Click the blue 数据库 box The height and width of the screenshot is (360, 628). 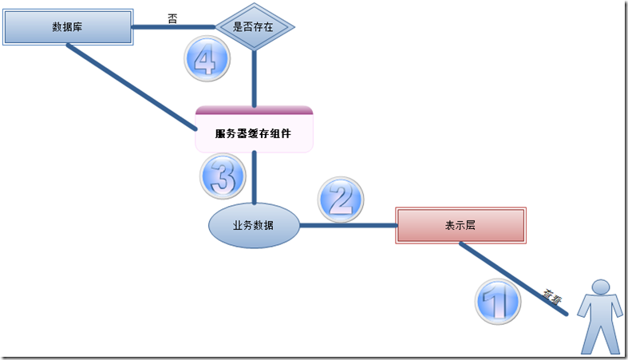point(68,27)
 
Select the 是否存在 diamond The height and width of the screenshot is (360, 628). point(253,26)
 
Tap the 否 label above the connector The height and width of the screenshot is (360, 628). point(172,17)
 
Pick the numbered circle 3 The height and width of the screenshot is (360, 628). point(221,175)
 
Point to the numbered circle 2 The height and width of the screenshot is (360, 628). point(341,199)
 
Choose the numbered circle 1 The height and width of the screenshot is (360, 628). point(498,302)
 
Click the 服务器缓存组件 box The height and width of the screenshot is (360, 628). point(254,133)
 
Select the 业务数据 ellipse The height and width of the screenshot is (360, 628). point(254,226)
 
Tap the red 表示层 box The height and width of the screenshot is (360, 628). point(460,226)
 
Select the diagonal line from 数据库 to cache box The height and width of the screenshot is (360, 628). point(132,85)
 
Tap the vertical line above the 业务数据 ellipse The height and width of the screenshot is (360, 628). point(254,180)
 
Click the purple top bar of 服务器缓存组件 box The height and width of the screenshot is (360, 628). point(254,110)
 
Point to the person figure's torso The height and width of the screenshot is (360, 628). point(600,315)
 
